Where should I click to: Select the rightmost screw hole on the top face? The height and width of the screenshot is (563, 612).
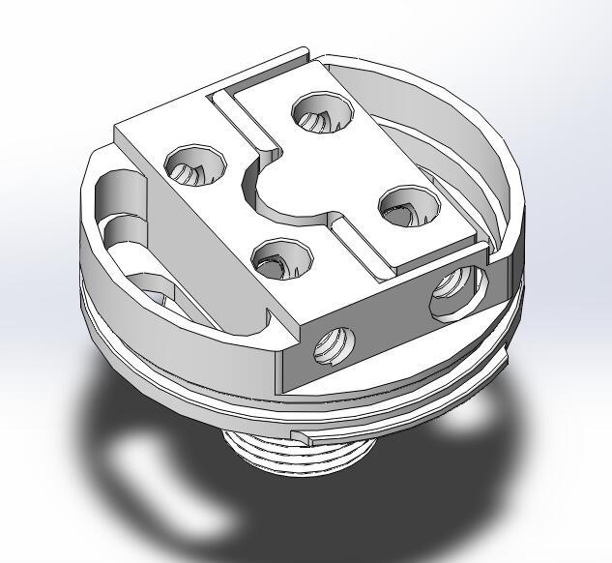403,206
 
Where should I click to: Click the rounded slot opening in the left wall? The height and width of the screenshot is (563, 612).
121,208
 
